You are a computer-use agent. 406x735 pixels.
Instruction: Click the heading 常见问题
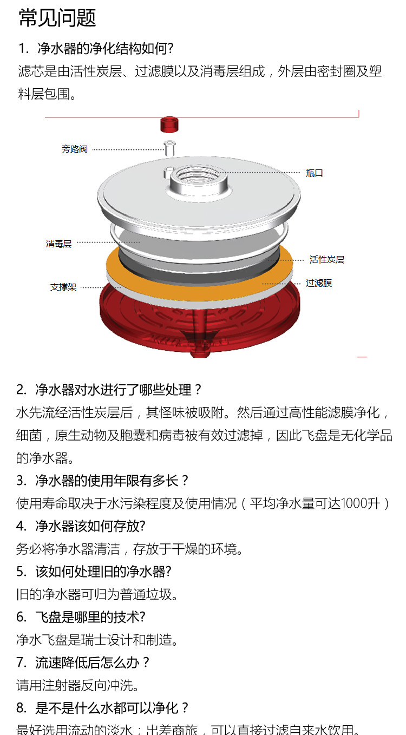coord(57,18)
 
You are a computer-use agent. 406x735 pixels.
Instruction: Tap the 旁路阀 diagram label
coord(74,149)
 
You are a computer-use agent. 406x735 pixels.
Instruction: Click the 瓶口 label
coord(314,173)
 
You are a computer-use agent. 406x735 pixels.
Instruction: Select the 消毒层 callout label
coord(58,244)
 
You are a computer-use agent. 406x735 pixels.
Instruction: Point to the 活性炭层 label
coord(326,260)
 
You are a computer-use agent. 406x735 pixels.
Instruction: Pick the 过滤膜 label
coord(319,283)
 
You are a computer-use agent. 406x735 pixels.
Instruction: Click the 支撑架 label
coord(63,287)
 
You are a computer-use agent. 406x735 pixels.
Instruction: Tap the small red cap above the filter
coord(169,124)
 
